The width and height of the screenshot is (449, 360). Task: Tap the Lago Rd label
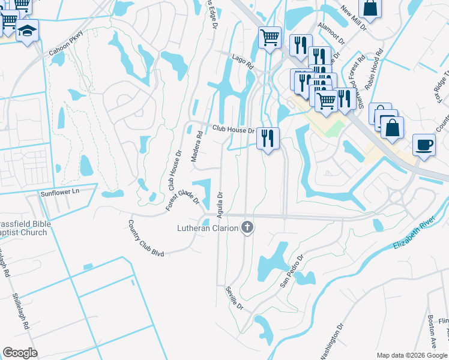[243, 61]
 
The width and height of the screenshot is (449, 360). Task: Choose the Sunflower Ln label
[59, 193]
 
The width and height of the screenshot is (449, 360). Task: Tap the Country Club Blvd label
[146, 238]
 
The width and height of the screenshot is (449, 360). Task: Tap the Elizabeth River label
[420, 235]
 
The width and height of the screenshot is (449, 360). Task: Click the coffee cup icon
[424, 145]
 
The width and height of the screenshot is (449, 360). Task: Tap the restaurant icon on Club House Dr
[268, 137]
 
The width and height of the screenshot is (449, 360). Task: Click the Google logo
[20, 353]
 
